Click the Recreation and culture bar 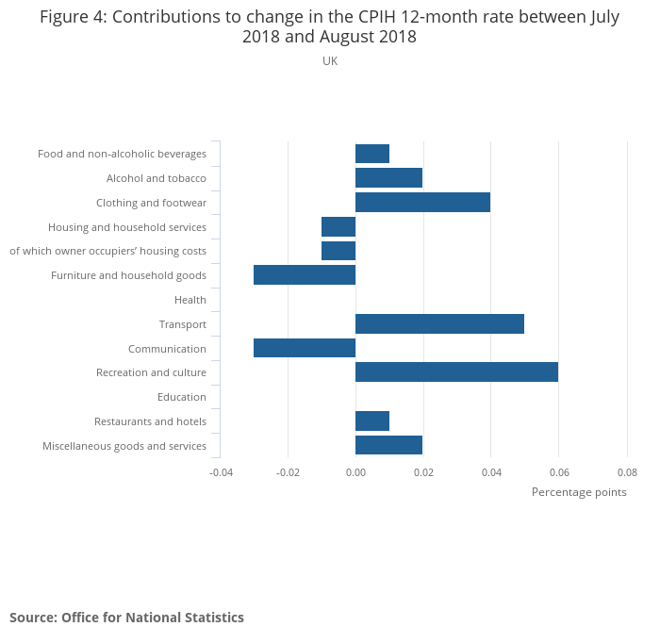click(x=456, y=372)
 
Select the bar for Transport click(x=439, y=324)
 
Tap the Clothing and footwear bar click(x=422, y=202)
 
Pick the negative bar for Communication click(x=305, y=348)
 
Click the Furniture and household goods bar click(x=305, y=275)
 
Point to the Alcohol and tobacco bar click(x=388, y=178)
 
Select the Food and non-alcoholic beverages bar click(x=372, y=154)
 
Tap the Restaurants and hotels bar click(x=372, y=421)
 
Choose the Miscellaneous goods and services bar click(x=388, y=445)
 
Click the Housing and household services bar click(x=338, y=227)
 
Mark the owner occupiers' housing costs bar click(x=338, y=251)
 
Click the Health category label click(x=190, y=300)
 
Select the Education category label click(x=182, y=397)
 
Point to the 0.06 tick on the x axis click(x=558, y=471)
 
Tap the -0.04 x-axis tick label click(x=221, y=471)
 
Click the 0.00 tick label click(x=355, y=471)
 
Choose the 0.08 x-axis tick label click(x=627, y=471)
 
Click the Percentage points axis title click(x=579, y=492)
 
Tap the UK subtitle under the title click(x=330, y=61)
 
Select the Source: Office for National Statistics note click(x=126, y=618)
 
